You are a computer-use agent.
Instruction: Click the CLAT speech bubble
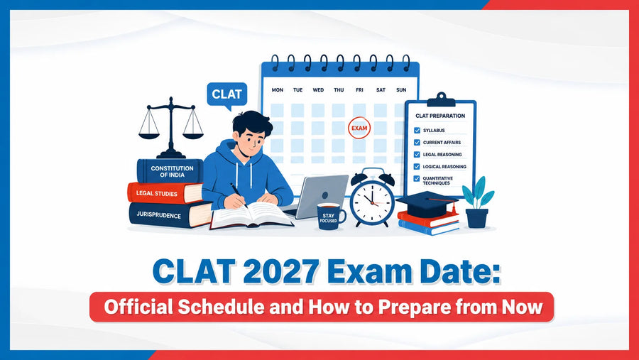click(x=227, y=95)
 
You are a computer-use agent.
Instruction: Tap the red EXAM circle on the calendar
click(x=359, y=128)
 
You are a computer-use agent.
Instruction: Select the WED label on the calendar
click(x=318, y=89)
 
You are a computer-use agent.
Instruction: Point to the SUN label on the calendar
click(x=401, y=89)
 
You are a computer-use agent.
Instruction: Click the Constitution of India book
click(x=170, y=171)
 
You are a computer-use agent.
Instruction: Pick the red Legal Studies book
click(x=165, y=193)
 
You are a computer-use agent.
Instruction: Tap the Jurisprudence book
click(x=170, y=215)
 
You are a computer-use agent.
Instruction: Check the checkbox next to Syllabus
click(x=417, y=131)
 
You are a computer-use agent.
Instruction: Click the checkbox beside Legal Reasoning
click(x=417, y=155)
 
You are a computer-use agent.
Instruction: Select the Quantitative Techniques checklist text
click(x=437, y=180)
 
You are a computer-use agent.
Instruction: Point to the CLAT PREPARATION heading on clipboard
click(x=440, y=116)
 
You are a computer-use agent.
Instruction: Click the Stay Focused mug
click(x=330, y=216)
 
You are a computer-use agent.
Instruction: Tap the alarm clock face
click(x=372, y=200)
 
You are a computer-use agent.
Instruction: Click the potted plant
click(x=477, y=202)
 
